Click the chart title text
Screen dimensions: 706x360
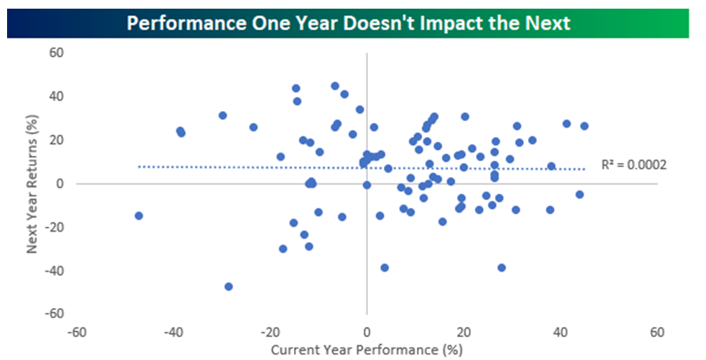coord(348,23)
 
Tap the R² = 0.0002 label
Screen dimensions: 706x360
coord(634,165)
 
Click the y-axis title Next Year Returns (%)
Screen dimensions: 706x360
coord(32,184)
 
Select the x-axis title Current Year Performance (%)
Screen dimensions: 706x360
coord(366,350)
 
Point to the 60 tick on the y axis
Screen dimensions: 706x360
coord(56,53)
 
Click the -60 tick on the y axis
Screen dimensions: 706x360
coord(54,314)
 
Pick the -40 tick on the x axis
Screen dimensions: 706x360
coord(173,332)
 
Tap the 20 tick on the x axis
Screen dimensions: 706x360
coord(464,332)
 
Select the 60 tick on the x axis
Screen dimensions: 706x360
coord(657,332)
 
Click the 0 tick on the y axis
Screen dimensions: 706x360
coord(60,184)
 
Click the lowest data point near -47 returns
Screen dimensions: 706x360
coord(229,287)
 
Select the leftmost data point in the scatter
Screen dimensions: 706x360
coord(139,216)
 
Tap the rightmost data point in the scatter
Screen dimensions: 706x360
coord(584,126)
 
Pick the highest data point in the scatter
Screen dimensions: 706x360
coord(335,86)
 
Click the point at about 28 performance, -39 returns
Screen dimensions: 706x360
coord(502,268)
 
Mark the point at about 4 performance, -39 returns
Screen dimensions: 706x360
coord(384,268)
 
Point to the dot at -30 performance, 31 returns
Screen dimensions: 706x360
coord(222,116)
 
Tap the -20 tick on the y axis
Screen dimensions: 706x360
coord(54,227)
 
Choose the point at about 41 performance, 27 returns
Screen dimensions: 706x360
coord(567,124)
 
